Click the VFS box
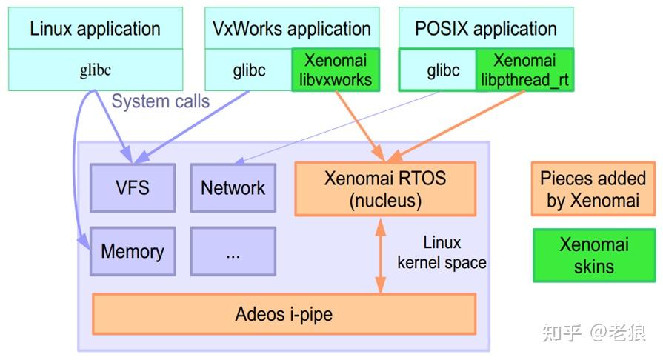point(133,188)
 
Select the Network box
point(233,188)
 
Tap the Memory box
point(133,251)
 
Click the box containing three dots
point(233,251)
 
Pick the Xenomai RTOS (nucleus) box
point(385,189)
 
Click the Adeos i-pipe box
point(284,314)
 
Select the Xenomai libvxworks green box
point(336,70)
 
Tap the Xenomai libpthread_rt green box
point(524,70)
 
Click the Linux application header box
point(96,28)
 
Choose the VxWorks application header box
point(292,28)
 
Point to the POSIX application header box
point(486,28)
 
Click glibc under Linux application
point(96,70)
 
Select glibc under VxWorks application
point(249,70)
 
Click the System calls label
point(161,101)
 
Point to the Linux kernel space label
point(442,253)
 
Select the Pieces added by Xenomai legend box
point(593,189)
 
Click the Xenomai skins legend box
point(594,256)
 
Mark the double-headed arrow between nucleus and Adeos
point(381,256)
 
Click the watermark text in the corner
point(594,333)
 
